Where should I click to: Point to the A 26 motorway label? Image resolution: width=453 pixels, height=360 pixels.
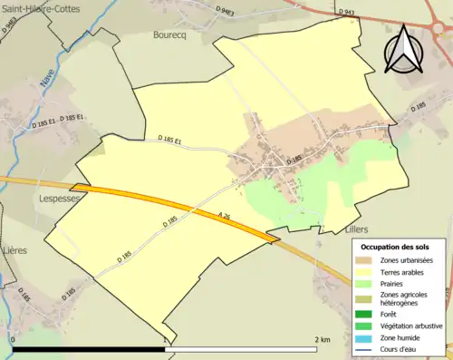click(226, 216)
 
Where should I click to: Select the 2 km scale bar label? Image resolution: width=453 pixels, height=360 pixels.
click(322, 339)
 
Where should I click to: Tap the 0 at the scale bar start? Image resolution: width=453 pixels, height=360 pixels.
click(14, 339)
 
